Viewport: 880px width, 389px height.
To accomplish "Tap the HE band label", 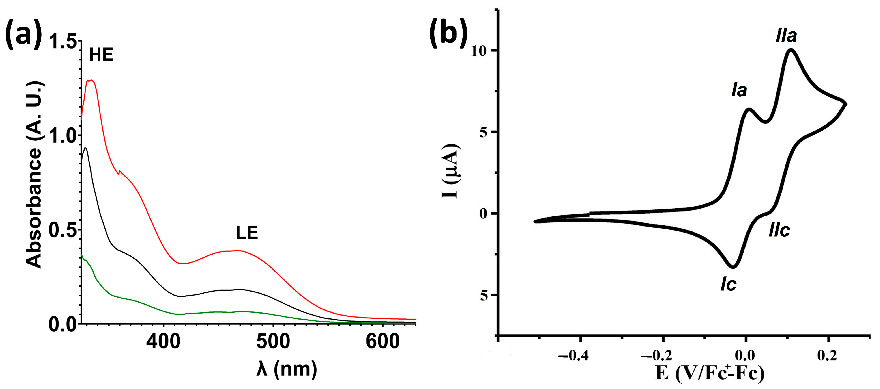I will point(101,55).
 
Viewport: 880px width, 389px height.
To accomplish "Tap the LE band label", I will point(247,233).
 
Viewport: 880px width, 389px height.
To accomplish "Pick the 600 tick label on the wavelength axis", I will point(382,341).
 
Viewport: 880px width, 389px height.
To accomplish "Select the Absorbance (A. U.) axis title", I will point(34,174).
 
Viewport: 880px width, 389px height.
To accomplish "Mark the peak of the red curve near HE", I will point(91,80).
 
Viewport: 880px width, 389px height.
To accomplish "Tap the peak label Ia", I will point(739,90).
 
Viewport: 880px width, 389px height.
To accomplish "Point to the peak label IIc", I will point(779,230).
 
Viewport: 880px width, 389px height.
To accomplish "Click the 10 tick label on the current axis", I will point(478,51).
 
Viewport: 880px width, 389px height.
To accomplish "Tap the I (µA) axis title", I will point(451,171).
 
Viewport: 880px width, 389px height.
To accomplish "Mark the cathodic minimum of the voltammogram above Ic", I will point(733,267).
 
